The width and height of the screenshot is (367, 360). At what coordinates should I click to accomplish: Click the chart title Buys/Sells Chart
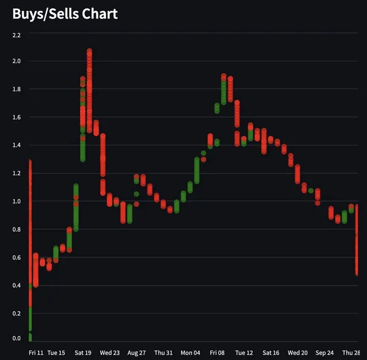point(65,13)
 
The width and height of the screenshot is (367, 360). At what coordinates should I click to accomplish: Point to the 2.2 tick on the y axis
point(17,35)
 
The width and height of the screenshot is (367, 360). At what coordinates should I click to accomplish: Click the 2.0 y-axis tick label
point(17,61)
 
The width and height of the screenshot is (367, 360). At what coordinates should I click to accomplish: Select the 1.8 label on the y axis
point(17,89)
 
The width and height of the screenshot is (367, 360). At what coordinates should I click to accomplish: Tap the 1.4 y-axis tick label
point(17,145)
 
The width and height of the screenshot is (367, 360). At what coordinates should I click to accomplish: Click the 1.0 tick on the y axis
point(17,202)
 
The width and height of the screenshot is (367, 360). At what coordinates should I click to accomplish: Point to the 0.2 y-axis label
point(17,314)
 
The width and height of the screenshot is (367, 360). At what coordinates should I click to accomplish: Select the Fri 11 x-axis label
point(36,353)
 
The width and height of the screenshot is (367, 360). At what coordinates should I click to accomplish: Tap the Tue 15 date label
point(56,353)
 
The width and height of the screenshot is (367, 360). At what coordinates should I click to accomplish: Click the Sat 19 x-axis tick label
point(83,353)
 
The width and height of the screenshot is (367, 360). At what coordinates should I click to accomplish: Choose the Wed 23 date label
point(110,353)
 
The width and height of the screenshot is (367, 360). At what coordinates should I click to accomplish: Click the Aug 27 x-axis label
point(136,353)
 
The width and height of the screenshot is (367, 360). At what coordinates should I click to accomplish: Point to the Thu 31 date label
point(163,353)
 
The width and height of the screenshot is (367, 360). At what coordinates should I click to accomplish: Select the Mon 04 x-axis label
point(190,353)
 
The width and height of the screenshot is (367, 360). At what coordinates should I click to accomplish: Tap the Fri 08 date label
point(217,353)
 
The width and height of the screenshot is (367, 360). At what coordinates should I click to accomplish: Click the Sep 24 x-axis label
point(324,353)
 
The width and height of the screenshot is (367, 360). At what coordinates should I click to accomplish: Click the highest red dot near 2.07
point(89,52)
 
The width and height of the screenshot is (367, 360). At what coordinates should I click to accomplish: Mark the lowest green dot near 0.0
point(29,337)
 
